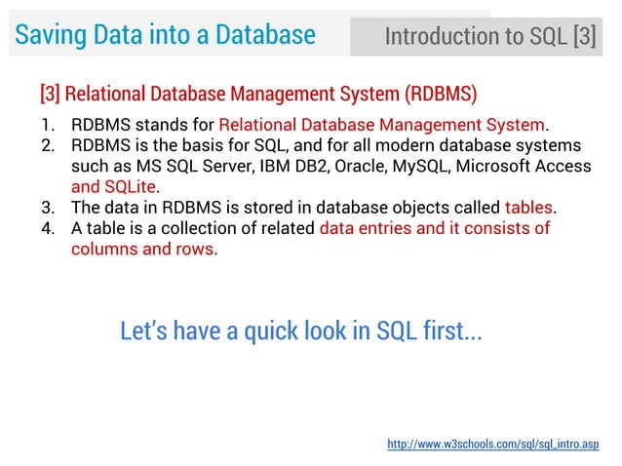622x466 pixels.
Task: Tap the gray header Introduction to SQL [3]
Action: coord(489,37)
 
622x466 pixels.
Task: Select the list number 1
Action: coord(47,125)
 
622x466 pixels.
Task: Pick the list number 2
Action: coord(47,145)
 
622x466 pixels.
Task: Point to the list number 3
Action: coord(47,208)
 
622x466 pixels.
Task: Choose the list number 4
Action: coord(47,228)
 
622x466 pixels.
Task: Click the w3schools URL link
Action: coord(493,445)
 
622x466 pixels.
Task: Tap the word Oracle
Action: coord(359,166)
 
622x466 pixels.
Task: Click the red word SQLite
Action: coord(131,186)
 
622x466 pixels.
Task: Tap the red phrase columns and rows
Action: coord(142,249)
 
